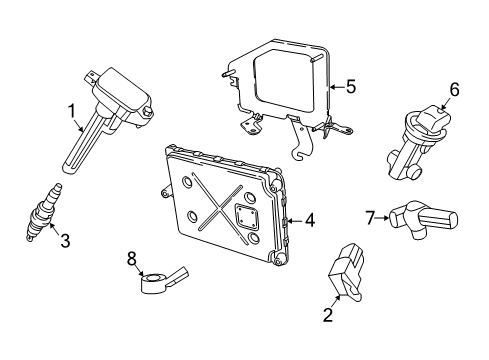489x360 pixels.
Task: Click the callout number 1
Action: click(x=71, y=110)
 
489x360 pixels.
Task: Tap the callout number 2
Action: click(x=327, y=314)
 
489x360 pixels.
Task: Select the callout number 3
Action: click(x=66, y=239)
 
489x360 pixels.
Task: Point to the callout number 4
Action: click(x=310, y=219)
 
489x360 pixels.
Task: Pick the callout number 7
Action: click(x=368, y=215)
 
